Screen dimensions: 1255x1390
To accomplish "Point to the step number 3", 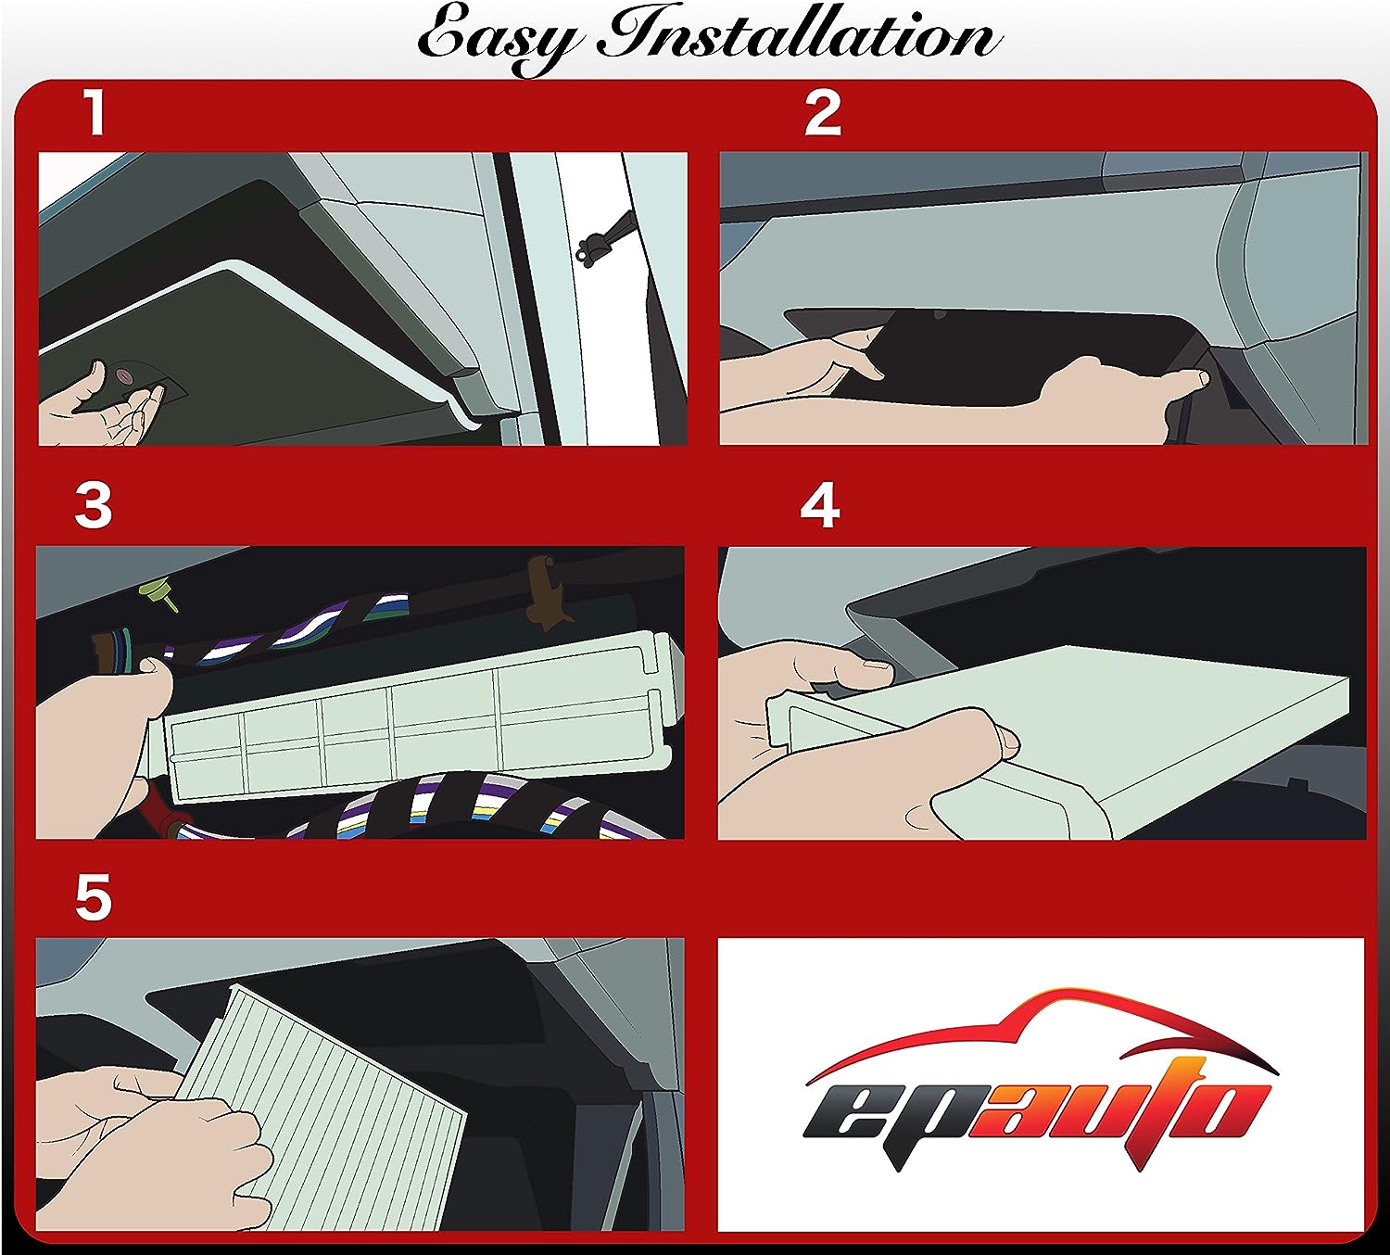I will point(93,506).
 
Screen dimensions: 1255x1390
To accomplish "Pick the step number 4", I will point(820,506).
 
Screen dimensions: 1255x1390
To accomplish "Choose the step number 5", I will point(93,897).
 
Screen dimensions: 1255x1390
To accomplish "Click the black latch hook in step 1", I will point(602,237).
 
